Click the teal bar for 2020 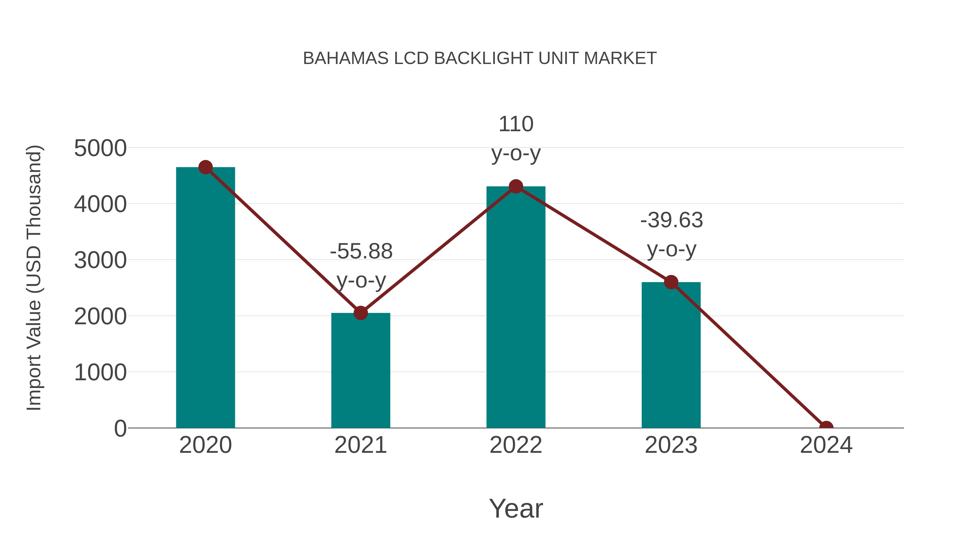(205, 298)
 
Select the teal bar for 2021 (360, 371)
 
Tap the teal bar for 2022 (516, 307)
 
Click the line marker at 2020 (205, 167)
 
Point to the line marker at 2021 (360, 313)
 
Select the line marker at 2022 (516, 186)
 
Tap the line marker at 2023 (671, 282)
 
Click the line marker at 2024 (826, 427)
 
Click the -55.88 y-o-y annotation (361, 265)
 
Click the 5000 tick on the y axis (100, 148)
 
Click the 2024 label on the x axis (826, 445)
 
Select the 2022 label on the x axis (516, 445)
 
